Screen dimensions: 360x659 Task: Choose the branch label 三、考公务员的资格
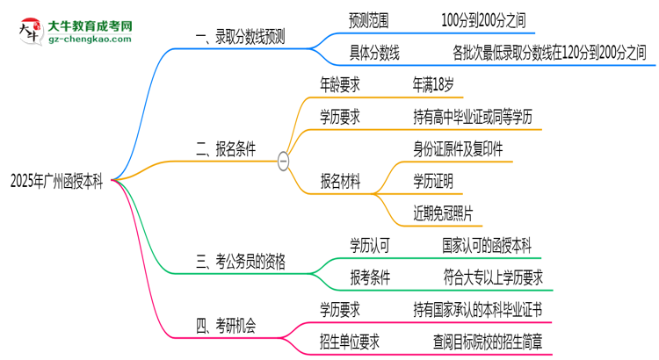(240, 261)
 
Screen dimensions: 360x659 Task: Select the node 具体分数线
(373, 54)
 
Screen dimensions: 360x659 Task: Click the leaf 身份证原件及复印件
(458, 148)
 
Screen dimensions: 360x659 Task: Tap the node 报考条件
(373, 277)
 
